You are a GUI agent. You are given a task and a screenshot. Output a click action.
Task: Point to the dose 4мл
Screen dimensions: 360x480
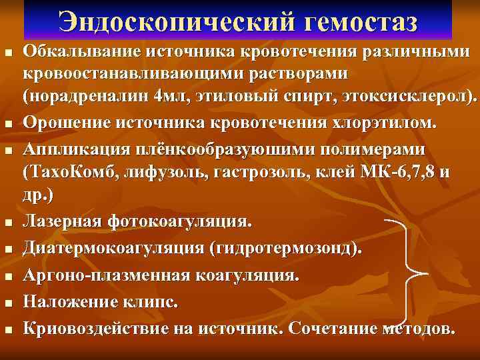pyautogui.click(x=171, y=95)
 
